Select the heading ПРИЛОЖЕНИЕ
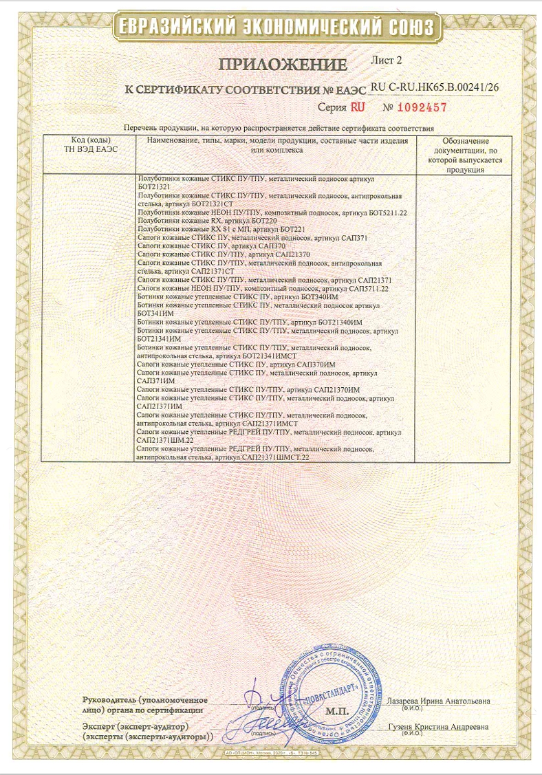click(x=283, y=65)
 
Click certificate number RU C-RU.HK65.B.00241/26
click(x=434, y=88)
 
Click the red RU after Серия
click(x=358, y=108)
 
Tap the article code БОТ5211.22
click(x=389, y=212)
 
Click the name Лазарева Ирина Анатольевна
click(x=439, y=701)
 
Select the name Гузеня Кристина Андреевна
click(x=438, y=726)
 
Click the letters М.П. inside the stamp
click(x=338, y=708)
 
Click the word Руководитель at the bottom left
click(x=109, y=699)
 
